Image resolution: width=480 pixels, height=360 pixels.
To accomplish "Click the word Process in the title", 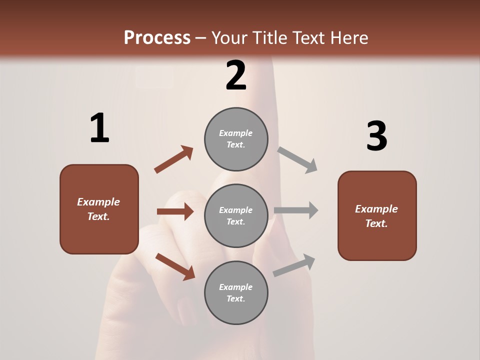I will [x=157, y=38].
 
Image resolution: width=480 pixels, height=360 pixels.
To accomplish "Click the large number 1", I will [x=99, y=128].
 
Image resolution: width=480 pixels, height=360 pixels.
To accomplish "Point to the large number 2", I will [x=236, y=75].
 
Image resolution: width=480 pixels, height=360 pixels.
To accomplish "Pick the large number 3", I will [x=376, y=136].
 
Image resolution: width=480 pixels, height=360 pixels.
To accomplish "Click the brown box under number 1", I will [x=99, y=209].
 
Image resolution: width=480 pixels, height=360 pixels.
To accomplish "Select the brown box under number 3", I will [x=377, y=215].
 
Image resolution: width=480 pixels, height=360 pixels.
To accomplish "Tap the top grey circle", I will [x=236, y=139].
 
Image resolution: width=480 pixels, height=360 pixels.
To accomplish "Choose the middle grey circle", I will [x=236, y=215].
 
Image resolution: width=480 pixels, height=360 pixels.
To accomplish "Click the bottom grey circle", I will [x=236, y=292].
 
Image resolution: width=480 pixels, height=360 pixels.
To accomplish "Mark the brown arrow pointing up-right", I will [x=174, y=159].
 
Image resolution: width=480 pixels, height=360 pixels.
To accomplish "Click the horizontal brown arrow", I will [x=175, y=211].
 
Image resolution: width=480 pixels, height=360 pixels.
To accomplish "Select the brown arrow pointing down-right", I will [x=175, y=266].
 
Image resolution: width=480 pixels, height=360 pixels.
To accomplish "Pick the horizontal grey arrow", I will [x=296, y=210].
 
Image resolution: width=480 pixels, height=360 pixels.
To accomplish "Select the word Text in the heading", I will [x=309, y=38].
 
